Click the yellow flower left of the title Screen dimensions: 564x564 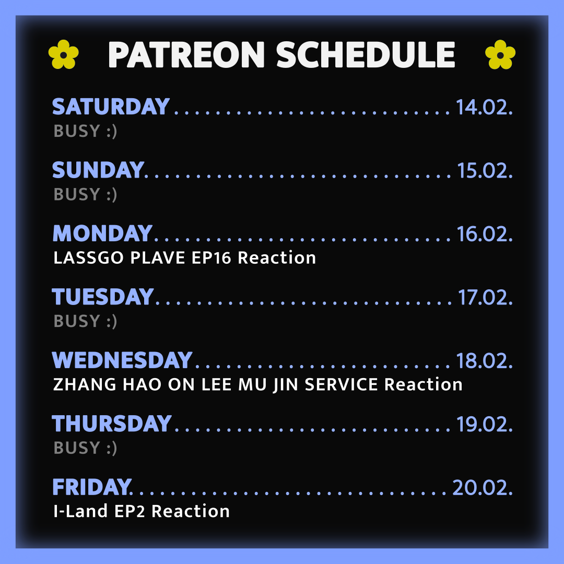63,54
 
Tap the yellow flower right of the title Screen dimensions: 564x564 500,54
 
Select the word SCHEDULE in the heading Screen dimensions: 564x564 366,55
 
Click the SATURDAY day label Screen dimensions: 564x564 111,107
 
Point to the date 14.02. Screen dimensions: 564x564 484,107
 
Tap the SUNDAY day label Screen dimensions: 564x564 98,170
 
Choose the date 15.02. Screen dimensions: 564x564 485,170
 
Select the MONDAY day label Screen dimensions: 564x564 102,233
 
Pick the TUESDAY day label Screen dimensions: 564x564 103,297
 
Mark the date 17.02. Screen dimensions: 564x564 485,298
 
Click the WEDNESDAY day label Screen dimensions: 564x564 122,360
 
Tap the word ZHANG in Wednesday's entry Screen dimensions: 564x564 85,384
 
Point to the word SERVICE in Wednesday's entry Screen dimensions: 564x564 342,384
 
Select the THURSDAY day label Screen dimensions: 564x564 112,424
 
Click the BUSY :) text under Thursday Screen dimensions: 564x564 85,448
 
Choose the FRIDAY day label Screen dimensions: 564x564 92,487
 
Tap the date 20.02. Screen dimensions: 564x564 483,488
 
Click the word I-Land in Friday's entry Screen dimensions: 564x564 80,511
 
